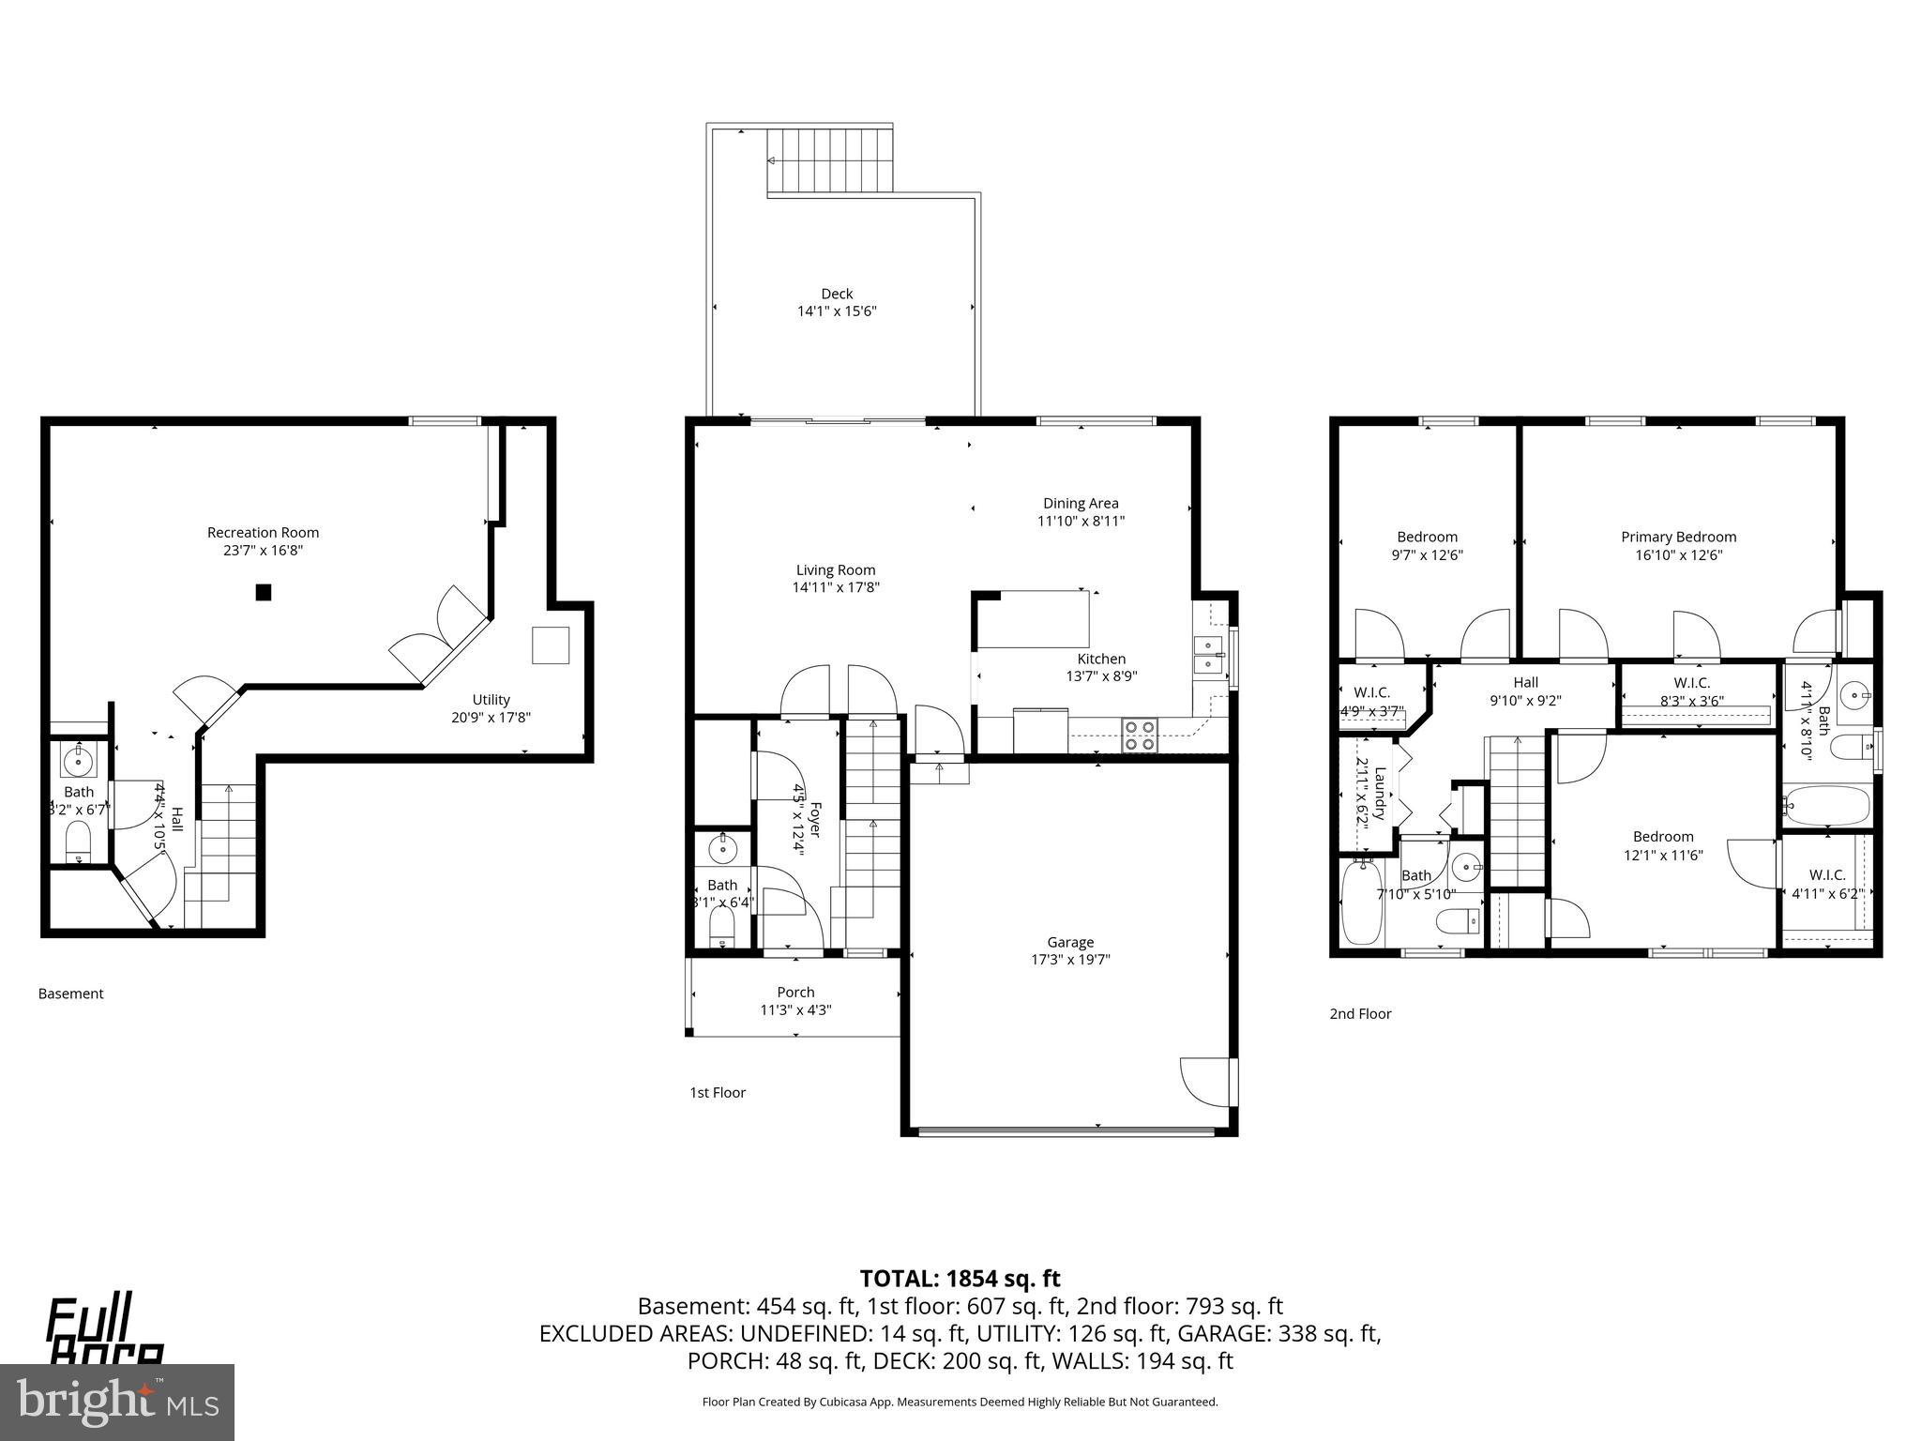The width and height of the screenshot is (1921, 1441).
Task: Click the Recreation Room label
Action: (x=263, y=533)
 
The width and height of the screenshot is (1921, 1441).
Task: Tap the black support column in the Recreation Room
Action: (x=264, y=592)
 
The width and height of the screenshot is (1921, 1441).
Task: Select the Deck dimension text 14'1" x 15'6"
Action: (x=837, y=311)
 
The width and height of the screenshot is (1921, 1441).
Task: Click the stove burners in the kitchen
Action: (x=1140, y=735)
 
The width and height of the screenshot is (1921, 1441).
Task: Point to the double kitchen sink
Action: (x=1207, y=655)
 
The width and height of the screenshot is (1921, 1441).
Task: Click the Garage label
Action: (x=1070, y=942)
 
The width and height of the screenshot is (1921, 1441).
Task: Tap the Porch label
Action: (x=795, y=992)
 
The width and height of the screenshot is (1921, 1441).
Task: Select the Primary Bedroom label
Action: (x=1678, y=537)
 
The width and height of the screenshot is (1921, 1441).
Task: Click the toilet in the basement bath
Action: (x=78, y=841)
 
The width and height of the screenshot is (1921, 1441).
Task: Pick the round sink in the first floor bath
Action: (x=722, y=850)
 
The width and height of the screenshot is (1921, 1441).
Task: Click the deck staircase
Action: (x=829, y=160)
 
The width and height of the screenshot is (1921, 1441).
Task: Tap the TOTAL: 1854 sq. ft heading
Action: (x=960, y=1278)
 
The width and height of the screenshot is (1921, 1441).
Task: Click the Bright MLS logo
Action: (x=117, y=1402)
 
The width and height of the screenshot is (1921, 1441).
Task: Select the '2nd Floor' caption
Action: (x=1360, y=1013)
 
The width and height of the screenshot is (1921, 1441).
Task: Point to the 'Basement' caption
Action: (x=70, y=994)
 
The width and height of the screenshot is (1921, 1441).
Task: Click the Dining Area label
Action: (x=1081, y=503)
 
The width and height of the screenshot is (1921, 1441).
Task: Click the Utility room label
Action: (x=491, y=699)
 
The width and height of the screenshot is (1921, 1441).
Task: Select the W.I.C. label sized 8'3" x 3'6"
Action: (x=1691, y=683)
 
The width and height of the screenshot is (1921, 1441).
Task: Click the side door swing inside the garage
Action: (x=1205, y=1082)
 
